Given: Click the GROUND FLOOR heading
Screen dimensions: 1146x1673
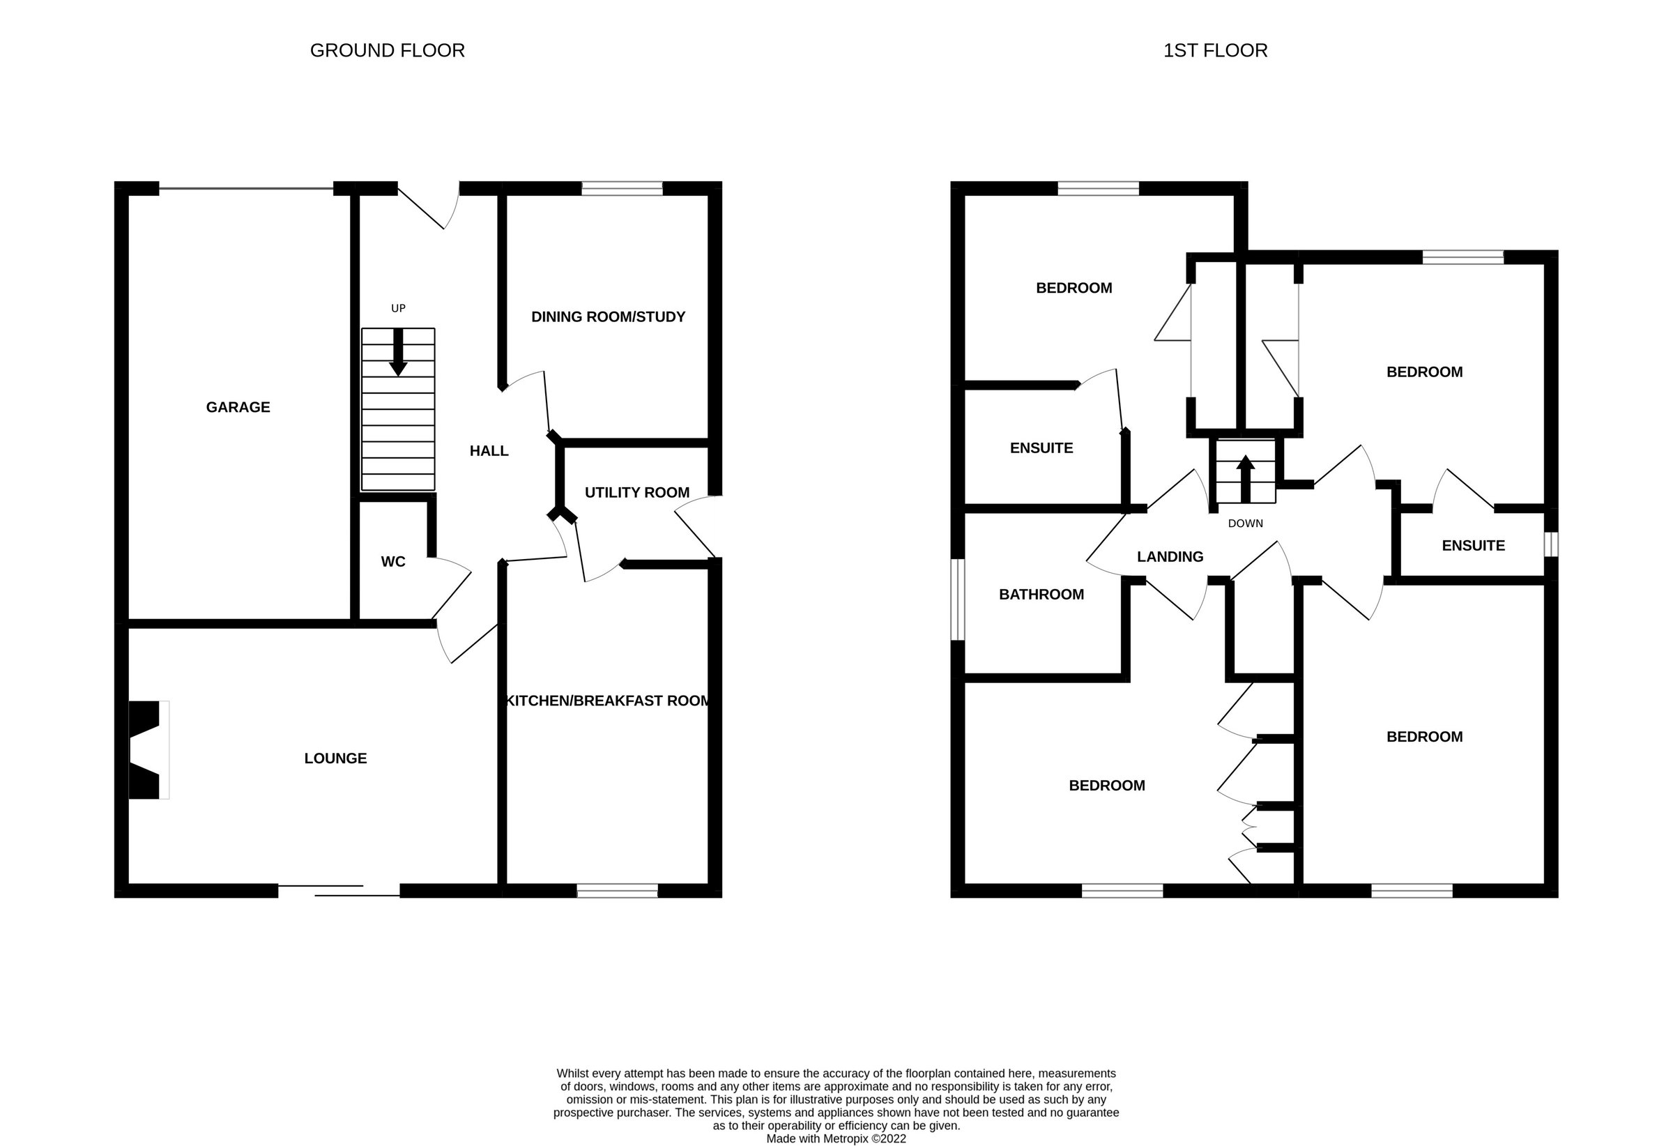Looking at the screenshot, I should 388,50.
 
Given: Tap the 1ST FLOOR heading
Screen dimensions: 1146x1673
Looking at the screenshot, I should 1215,50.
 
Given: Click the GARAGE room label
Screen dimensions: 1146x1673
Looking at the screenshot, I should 238,407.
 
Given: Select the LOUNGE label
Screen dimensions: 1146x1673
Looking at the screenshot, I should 335,758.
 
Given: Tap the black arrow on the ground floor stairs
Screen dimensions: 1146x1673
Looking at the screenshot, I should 398,353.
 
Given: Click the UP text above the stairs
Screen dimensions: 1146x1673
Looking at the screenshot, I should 398,308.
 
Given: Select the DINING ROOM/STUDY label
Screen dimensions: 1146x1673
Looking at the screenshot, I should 608,316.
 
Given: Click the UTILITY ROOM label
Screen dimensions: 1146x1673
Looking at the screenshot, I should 636,492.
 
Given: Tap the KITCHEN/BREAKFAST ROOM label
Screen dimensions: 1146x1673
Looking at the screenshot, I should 609,701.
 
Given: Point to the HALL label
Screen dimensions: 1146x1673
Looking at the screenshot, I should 489,451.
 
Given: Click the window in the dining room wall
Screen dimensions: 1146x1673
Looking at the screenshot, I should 622,189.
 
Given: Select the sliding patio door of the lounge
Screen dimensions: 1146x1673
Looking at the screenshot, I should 338,890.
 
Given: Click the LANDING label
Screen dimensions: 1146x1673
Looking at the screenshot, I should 1170,556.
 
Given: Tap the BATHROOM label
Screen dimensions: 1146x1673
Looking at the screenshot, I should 1041,595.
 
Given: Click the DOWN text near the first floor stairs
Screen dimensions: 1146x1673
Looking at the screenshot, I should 1246,524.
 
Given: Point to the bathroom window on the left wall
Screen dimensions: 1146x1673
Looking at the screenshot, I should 957,599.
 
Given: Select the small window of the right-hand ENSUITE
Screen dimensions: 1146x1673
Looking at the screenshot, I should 1550,544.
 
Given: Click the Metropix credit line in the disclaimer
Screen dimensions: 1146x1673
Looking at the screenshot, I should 836,1139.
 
